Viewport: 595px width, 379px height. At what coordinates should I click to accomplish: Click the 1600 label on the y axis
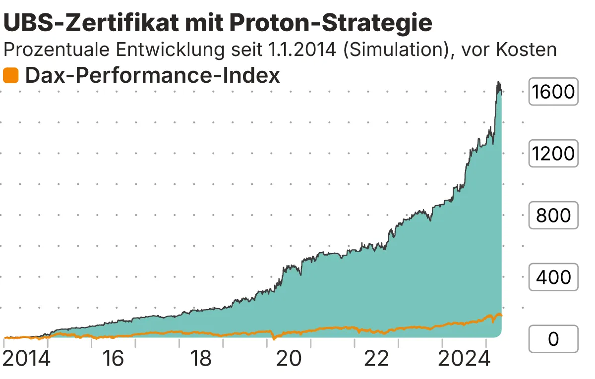(x=553, y=92)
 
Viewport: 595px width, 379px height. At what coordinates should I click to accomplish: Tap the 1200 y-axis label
(x=553, y=154)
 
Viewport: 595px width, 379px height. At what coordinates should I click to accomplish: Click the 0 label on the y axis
(x=553, y=339)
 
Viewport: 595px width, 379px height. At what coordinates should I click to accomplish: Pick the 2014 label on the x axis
(x=27, y=359)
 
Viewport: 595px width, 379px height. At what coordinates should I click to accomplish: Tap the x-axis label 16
(x=114, y=359)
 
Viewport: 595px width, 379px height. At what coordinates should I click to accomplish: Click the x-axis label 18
(x=202, y=359)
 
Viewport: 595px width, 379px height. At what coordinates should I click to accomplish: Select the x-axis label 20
(x=290, y=359)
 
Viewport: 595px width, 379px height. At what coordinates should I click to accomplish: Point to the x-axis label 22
(x=377, y=359)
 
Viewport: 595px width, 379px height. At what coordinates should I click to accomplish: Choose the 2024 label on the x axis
(x=463, y=359)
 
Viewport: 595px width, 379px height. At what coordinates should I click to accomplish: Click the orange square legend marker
(x=10, y=76)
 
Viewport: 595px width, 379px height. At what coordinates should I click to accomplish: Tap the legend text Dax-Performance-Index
(x=152, y=76)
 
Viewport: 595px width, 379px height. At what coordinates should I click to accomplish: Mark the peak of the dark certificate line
(x=498, y=82)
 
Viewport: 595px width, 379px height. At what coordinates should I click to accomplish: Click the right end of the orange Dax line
(x=502, y=315)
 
